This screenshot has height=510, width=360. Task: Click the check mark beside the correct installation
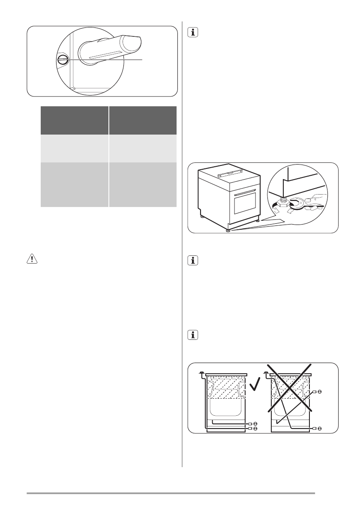pyautogui.click(x=255, y=385)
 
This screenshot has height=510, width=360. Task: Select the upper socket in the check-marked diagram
pyautogui.click(x=255, y=423)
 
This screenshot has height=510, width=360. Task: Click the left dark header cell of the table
pyautogui.click(x=74, y=120)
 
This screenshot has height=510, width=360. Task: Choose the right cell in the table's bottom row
pyautogui.click(x=142, y=185)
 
